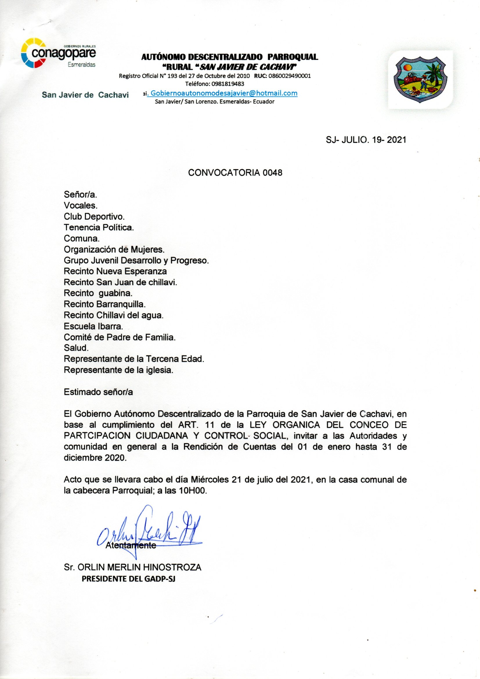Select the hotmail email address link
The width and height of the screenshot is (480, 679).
click(x=224, y=94)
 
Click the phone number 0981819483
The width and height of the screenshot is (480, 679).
click(x=228, y=84)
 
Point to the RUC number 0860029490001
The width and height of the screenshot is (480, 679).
click(x=289, y=76)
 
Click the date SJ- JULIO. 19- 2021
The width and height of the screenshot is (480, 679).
click(x=366, y=140)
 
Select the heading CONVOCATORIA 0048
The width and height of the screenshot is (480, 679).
click(x=235, y=173)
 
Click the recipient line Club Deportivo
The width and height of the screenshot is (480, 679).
click(x=94, y=217)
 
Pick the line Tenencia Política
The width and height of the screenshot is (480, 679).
click(x=99, y=228)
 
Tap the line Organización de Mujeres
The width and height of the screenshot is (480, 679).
click(x=114, y=249)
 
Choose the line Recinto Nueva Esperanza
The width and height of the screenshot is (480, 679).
click(x=115, y=271)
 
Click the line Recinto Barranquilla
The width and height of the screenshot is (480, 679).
click(x=105, y=304)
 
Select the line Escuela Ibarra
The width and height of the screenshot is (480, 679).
click(x=93, y=326)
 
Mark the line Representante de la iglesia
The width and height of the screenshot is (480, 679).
click(x=118, y=370)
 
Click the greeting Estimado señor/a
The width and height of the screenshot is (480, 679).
click(x=98, y=392)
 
